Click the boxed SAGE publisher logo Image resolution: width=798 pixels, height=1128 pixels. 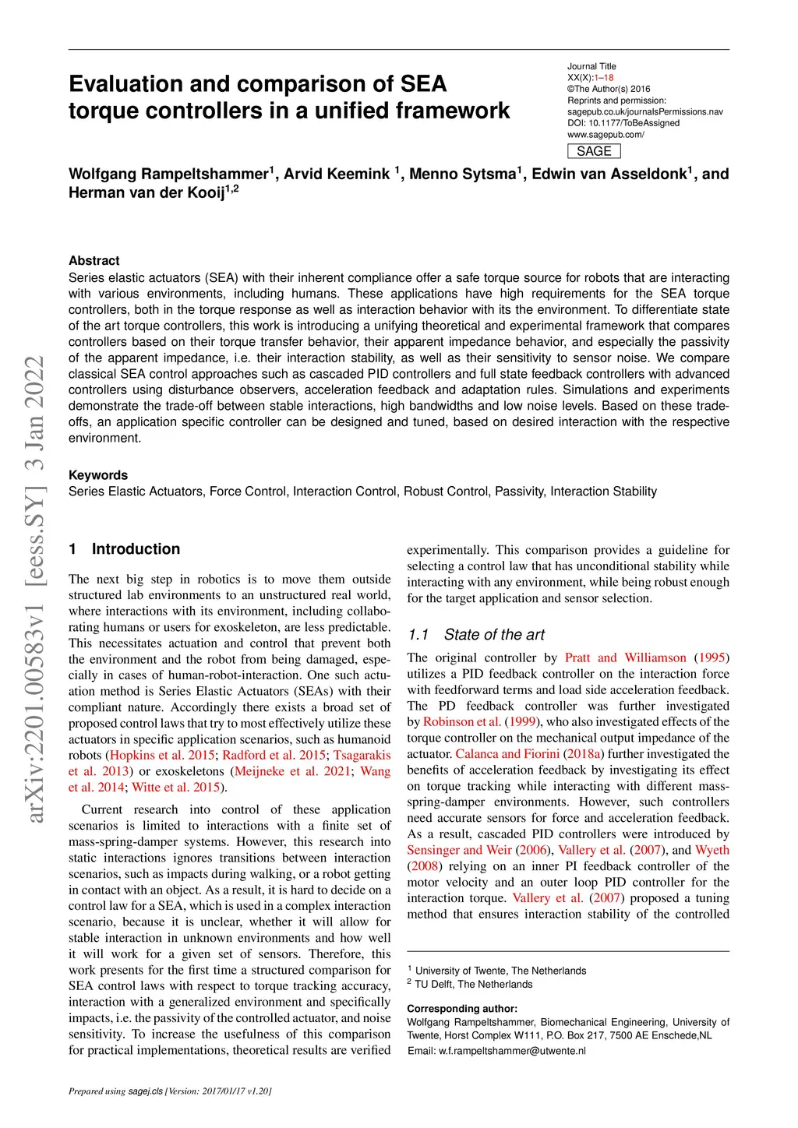(x=594, y=151)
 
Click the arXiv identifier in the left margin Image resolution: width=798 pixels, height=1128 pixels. (x=35, y=589)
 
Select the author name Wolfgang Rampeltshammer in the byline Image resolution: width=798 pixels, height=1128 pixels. (x=168, y=174)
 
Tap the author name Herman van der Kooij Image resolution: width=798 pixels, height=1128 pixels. (x=147, y=192)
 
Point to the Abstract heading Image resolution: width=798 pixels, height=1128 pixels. (x=94, y=261)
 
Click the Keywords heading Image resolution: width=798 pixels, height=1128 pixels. (x=98, y=475)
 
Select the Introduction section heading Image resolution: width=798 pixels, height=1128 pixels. (x=136, y=549)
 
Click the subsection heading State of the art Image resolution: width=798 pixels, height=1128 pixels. (x=494, y=635)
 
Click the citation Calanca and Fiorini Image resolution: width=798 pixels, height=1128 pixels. (x=507, y=753)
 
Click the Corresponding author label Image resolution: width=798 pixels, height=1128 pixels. (x=462, y=1009)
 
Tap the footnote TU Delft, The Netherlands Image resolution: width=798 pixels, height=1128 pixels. (x=473, y=984)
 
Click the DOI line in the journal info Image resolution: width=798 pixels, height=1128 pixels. (x=623, y=123)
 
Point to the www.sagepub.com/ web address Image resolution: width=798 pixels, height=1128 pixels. (x=606, y=135)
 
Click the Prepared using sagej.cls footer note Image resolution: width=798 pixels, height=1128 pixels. (x=170, y=1091)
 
